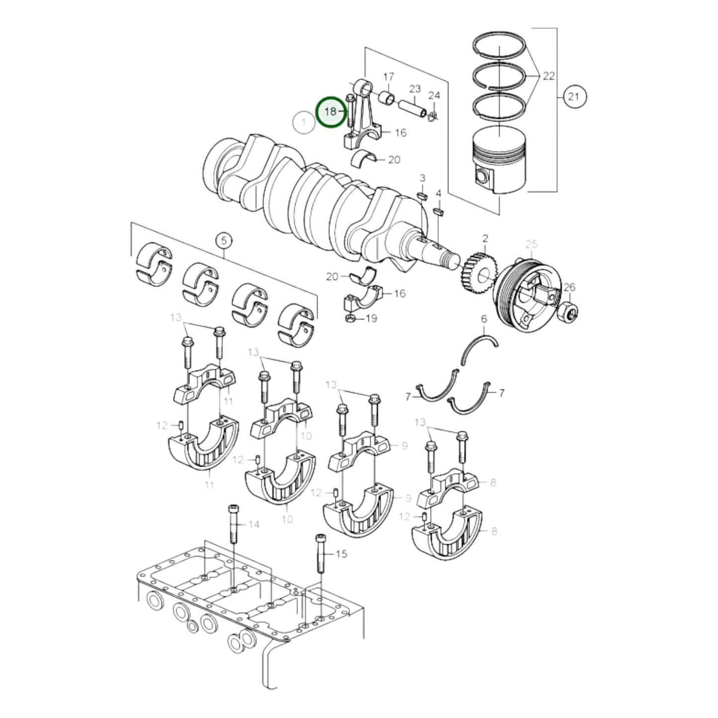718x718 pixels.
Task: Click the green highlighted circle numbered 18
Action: (331, 112)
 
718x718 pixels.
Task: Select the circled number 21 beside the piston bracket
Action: (573, 96)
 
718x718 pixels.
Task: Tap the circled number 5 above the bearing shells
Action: (224, 241)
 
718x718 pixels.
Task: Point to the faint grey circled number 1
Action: (304, 122)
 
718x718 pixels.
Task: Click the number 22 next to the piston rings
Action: (549, 76)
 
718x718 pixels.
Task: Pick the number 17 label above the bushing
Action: (389, 77)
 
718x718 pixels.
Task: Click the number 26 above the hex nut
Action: (569, 287)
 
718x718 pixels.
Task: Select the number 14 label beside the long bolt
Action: (253, 524)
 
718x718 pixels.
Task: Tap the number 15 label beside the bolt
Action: (341, 554)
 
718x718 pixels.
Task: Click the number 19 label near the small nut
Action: (371, 319)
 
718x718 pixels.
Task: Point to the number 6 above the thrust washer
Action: (484, 319)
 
